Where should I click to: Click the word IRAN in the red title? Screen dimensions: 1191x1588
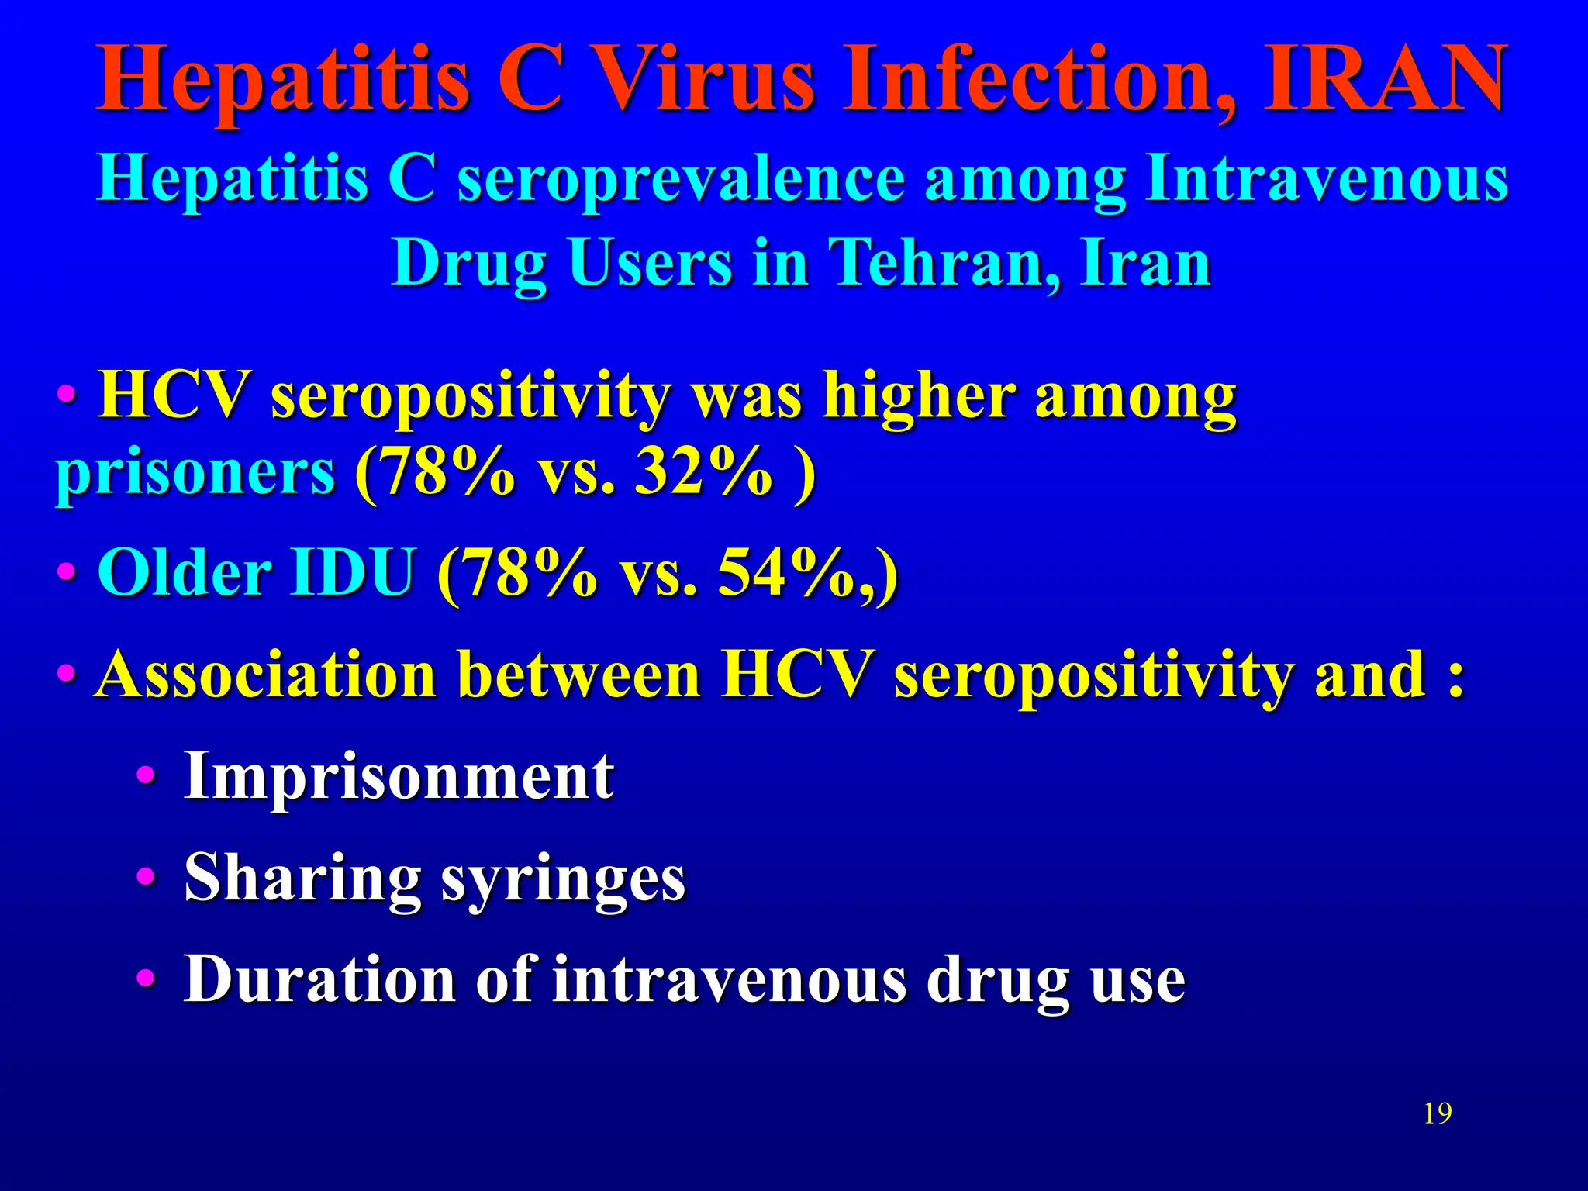pyautogui.click(x=1384, y=79)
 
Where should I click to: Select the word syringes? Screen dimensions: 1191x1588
pyautogui.click(x=563, y=879)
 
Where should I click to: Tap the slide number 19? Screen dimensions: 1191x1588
pyautogui.click(x=1438, y=1113)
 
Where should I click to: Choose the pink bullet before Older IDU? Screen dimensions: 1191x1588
pyautogui.click(x=67, y=574)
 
